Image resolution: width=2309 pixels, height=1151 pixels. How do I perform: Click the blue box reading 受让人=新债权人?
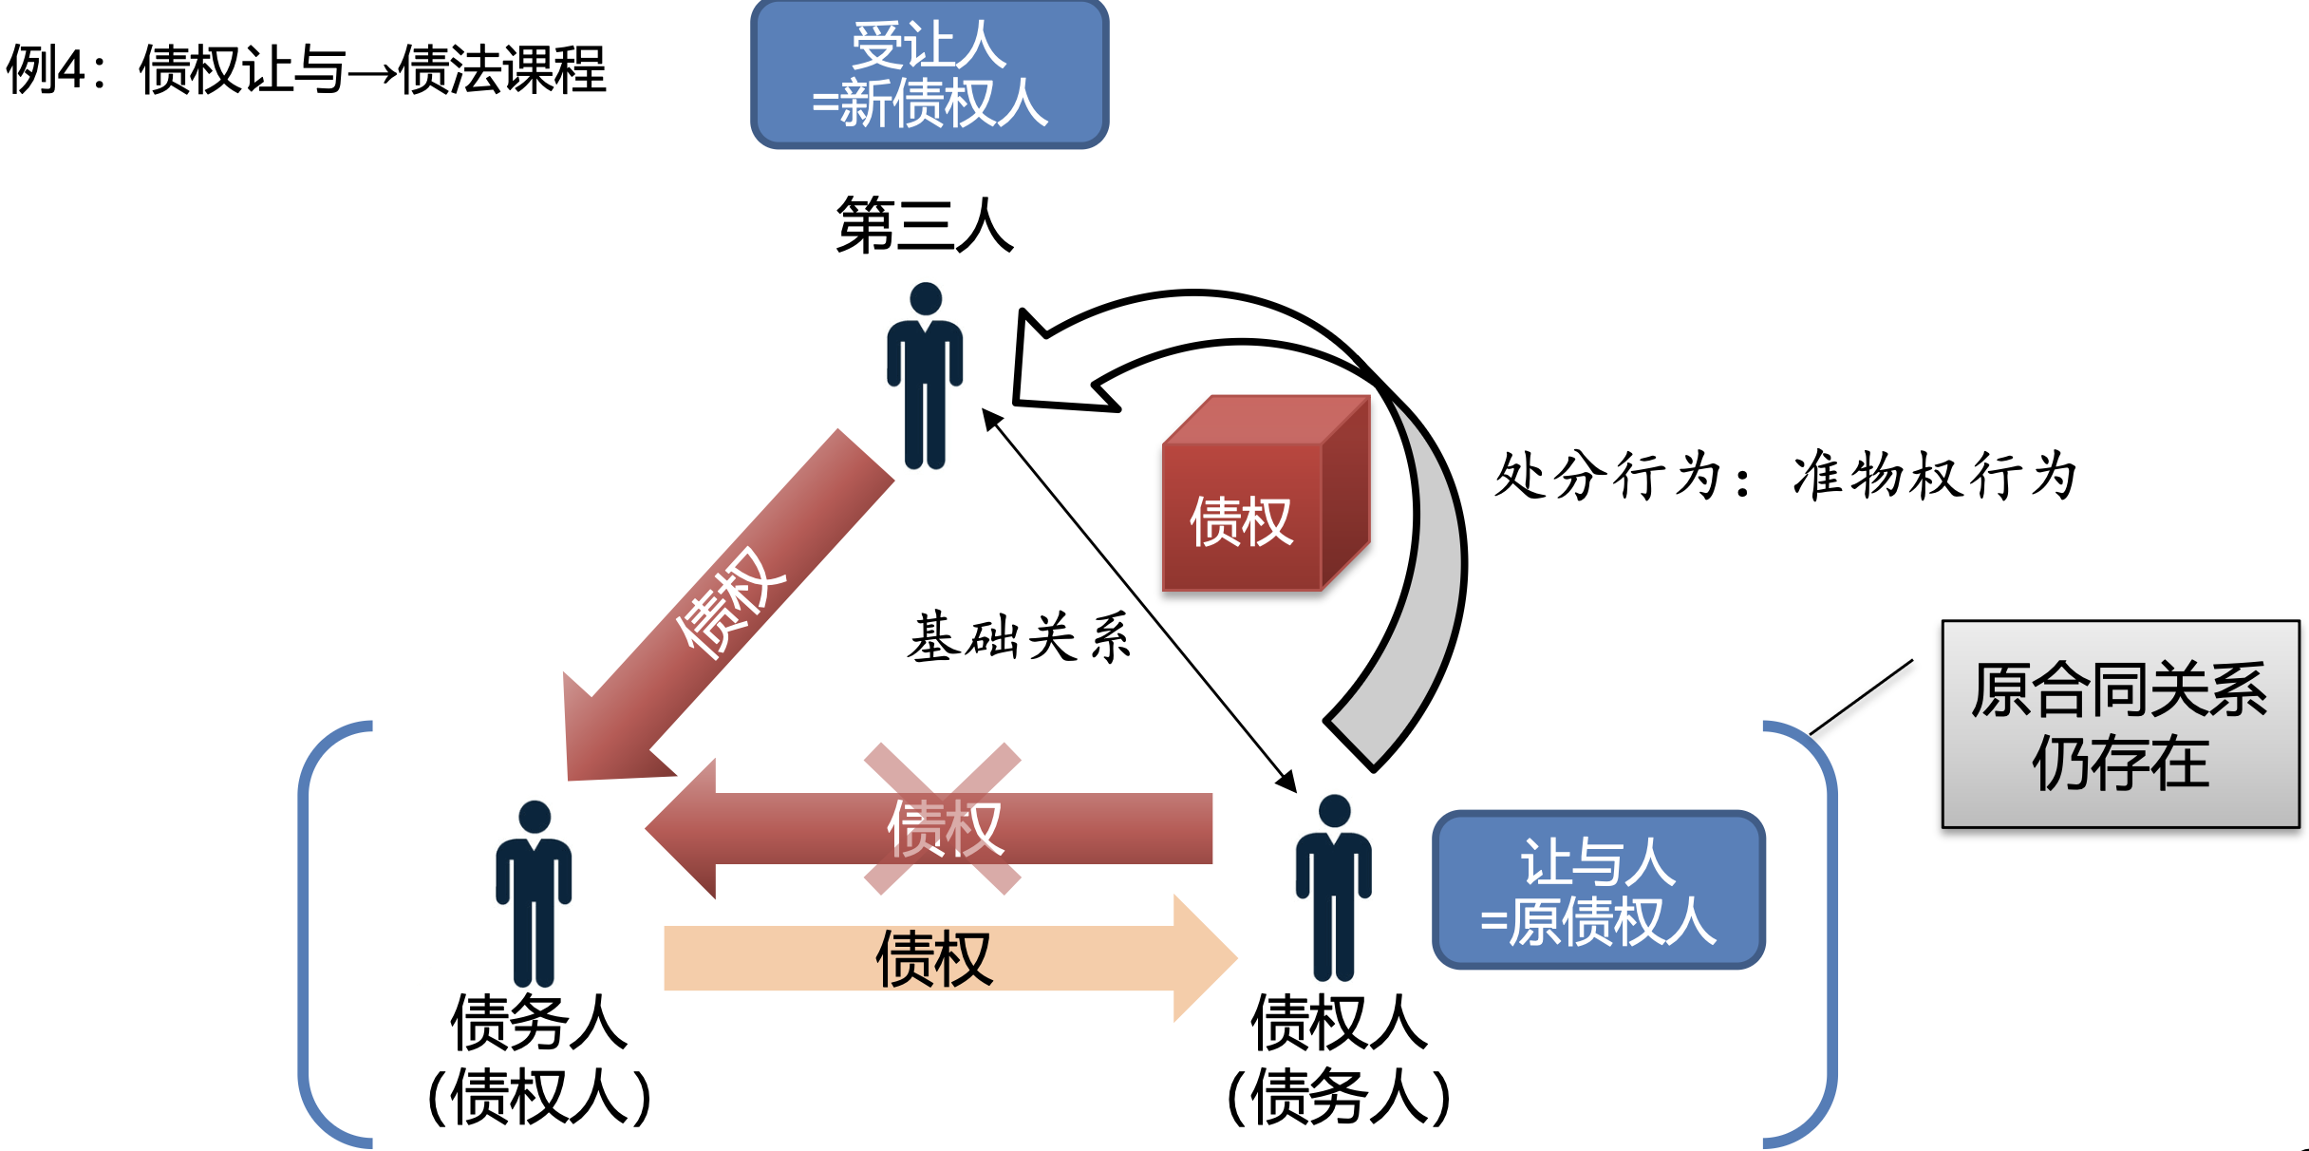929,74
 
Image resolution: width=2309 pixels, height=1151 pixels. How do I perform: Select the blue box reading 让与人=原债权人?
1598,890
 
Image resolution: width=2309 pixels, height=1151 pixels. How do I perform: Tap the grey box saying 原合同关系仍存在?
2120,725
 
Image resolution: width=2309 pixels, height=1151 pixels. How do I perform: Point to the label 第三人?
925,226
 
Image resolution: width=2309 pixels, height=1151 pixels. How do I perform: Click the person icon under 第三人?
925,380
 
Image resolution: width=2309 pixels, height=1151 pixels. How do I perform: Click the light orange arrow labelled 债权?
949,958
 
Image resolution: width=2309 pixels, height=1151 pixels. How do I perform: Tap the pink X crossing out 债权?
942,819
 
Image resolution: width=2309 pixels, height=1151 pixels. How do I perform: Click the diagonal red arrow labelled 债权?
731,608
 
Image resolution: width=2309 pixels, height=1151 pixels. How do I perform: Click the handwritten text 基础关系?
1020,636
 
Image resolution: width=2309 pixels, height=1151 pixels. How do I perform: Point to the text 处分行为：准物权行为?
1785,475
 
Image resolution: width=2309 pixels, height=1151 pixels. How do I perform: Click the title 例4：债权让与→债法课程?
306,69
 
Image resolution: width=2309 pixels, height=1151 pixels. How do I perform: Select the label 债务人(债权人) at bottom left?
538,1059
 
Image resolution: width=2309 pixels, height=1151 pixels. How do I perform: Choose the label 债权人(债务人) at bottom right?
1339,1059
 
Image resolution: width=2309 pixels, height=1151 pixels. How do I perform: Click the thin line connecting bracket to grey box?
1861,697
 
